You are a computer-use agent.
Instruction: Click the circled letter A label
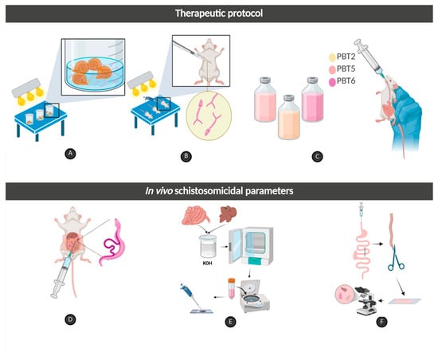tap(70, 154)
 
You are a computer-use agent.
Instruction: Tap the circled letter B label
tap(186, 156)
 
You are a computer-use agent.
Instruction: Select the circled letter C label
tap(317, 157)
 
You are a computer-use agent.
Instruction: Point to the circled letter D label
tap(70, 319)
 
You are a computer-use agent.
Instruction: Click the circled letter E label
tap(230, 322)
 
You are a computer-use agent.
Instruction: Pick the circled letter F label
tap(381, 322)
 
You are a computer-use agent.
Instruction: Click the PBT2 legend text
tap(346, 57)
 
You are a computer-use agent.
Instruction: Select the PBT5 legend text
tap(346, 68)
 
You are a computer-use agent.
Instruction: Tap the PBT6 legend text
tap(346, 81)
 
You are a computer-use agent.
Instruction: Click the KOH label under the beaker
tap(207, 263)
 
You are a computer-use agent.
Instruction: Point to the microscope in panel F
tap(366, 301)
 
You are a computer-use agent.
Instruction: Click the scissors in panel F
tap(396, 257)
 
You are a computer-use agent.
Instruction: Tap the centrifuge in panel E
tap(256, 296)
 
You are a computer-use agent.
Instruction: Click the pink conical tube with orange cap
tap(231, 288)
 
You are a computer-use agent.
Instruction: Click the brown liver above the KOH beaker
tap(228, 214)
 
